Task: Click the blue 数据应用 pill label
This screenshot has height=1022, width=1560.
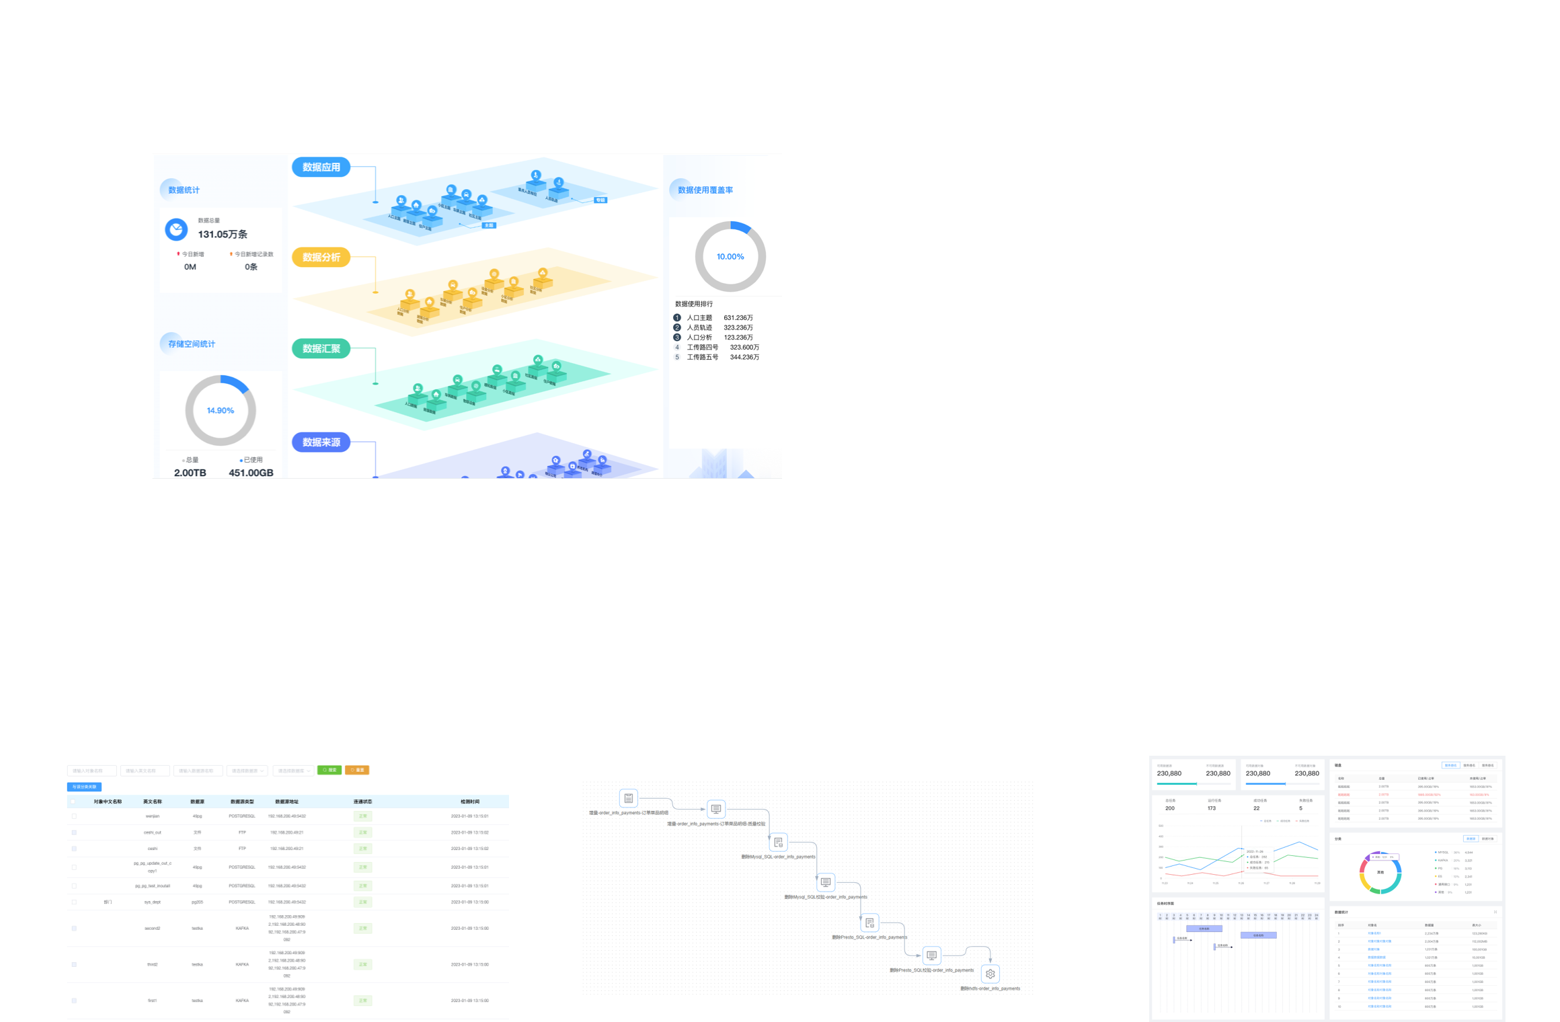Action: pos(321,167)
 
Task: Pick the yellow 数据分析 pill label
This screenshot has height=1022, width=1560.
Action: pos(321,258)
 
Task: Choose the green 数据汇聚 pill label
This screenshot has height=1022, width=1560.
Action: pos(321,349)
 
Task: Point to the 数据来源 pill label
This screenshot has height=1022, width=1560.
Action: pos(321,442)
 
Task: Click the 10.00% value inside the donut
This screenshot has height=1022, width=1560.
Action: pos(730,257)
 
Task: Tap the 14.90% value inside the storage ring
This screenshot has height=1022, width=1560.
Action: pos(221,411)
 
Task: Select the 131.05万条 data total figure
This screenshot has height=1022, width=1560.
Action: pos(223,235)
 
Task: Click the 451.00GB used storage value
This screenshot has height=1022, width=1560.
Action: pos(251,473)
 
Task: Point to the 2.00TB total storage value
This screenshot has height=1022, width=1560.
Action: pos(190,473)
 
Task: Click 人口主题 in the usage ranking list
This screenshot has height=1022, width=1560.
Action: pos(699,318)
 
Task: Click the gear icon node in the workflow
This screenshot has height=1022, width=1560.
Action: pos(990,974)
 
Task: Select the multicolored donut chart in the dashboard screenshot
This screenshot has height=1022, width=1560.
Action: pos(1380,873)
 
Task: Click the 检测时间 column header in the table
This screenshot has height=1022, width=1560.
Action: pos(469,801)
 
